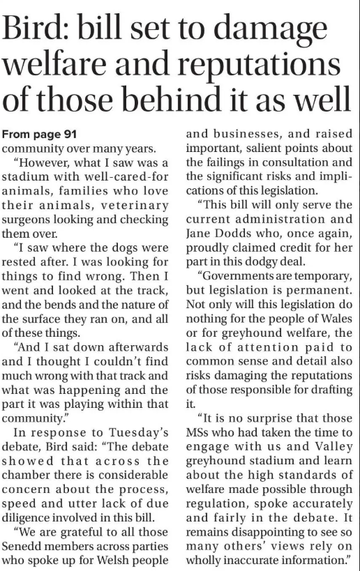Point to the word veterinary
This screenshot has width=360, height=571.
pos(134,204)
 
